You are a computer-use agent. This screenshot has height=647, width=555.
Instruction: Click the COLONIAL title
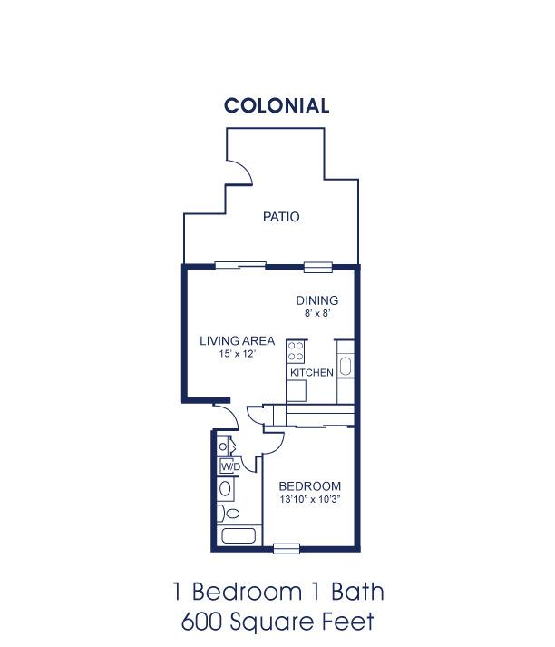tap(277, 105)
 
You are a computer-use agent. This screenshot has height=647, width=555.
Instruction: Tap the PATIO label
tap(281, 217)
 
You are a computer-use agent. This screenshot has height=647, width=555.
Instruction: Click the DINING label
tap(317, 300)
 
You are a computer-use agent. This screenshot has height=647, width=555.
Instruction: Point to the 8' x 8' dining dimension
tap(317, 313)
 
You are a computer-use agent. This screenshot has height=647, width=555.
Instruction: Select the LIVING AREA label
tap(237, 341)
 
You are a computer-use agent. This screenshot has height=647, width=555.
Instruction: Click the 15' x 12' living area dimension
tap(238, 354)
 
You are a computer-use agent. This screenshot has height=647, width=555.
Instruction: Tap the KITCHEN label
tap(312, 373)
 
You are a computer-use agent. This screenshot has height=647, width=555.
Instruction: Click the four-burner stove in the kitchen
tap(296, 351)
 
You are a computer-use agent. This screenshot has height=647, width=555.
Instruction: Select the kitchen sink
tap(346, 367)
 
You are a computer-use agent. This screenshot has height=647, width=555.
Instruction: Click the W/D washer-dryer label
tap(230, 467)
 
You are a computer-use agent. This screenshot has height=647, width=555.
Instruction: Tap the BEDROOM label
tap(309, 486)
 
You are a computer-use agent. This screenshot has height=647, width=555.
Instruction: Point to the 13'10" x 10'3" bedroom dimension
tap(309, 499)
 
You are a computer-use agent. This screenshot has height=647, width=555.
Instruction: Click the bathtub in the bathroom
tap(239, 536)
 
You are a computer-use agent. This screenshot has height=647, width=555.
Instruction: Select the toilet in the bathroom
tap(229, 514)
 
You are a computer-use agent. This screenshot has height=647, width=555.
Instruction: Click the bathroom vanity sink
tap(225, 488)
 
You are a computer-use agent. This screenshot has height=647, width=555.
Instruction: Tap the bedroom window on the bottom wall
tap(287, 549)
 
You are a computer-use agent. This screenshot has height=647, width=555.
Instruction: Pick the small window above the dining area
tap(318, 267)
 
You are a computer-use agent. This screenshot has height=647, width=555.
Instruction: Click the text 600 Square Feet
tap(277, 621)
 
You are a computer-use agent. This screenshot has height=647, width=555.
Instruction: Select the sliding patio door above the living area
tap(240, 266)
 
